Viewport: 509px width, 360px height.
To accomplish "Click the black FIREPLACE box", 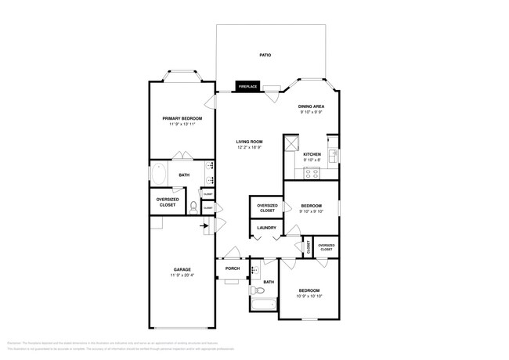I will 247,86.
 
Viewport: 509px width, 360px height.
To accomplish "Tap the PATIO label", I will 265,56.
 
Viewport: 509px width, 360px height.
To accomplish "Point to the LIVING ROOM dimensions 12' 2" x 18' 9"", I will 249,147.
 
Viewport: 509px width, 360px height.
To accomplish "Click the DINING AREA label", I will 311,106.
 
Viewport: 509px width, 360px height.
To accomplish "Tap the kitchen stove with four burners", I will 312,175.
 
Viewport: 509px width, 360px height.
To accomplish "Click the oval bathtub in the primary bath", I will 157,175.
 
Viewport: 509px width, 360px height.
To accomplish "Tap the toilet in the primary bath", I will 193,206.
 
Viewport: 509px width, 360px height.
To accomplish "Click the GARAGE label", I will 182,269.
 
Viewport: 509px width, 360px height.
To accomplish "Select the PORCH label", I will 233,268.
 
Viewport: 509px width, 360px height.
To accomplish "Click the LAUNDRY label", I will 266,228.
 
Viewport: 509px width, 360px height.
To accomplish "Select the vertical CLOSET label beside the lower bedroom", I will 309,246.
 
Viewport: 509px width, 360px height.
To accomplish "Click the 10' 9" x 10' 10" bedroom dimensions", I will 309,296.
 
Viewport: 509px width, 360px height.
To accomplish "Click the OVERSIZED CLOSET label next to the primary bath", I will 168,202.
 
